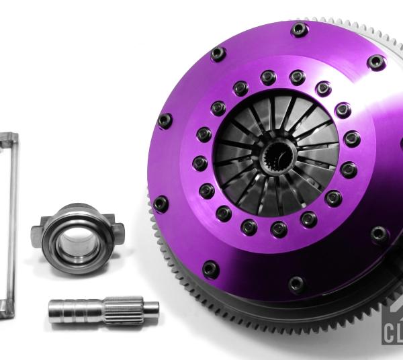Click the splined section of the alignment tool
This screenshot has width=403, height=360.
pos(128,309)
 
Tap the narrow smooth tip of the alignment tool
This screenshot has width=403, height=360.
pos(150,308)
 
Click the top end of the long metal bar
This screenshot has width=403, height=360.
pos(10,138)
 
